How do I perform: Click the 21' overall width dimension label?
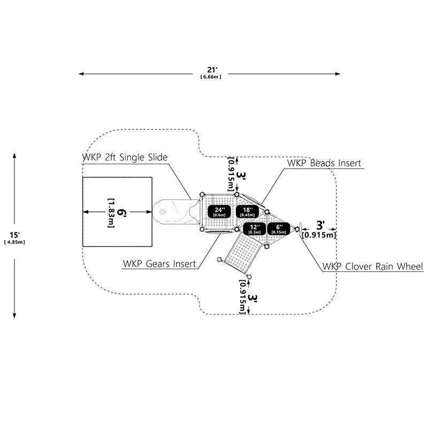pos(211,70)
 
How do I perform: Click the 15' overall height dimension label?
pos(15,234)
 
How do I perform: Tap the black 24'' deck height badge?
pos(219,211)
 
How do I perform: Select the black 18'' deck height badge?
pos(247,211)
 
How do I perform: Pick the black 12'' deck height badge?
pos(255,229)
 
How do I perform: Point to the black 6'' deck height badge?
pos(279,229)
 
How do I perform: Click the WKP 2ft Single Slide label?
pos(125,157)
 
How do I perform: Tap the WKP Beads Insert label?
pos(324,163)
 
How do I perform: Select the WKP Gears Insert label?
pos(159,264)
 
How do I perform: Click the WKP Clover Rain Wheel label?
pos(373,266)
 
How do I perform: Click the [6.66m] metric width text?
pos(211,77)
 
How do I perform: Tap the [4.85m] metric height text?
pos(15,242)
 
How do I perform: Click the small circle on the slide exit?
pos(163,211)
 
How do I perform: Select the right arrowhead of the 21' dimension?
pos(338,74)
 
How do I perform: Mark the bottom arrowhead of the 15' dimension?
pos(14,315)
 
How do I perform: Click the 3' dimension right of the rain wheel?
pos(320,225)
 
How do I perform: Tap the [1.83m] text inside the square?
pos(111,213)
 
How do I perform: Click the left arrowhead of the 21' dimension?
pos(81,74)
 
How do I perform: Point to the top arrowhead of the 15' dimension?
pos(14,156)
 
